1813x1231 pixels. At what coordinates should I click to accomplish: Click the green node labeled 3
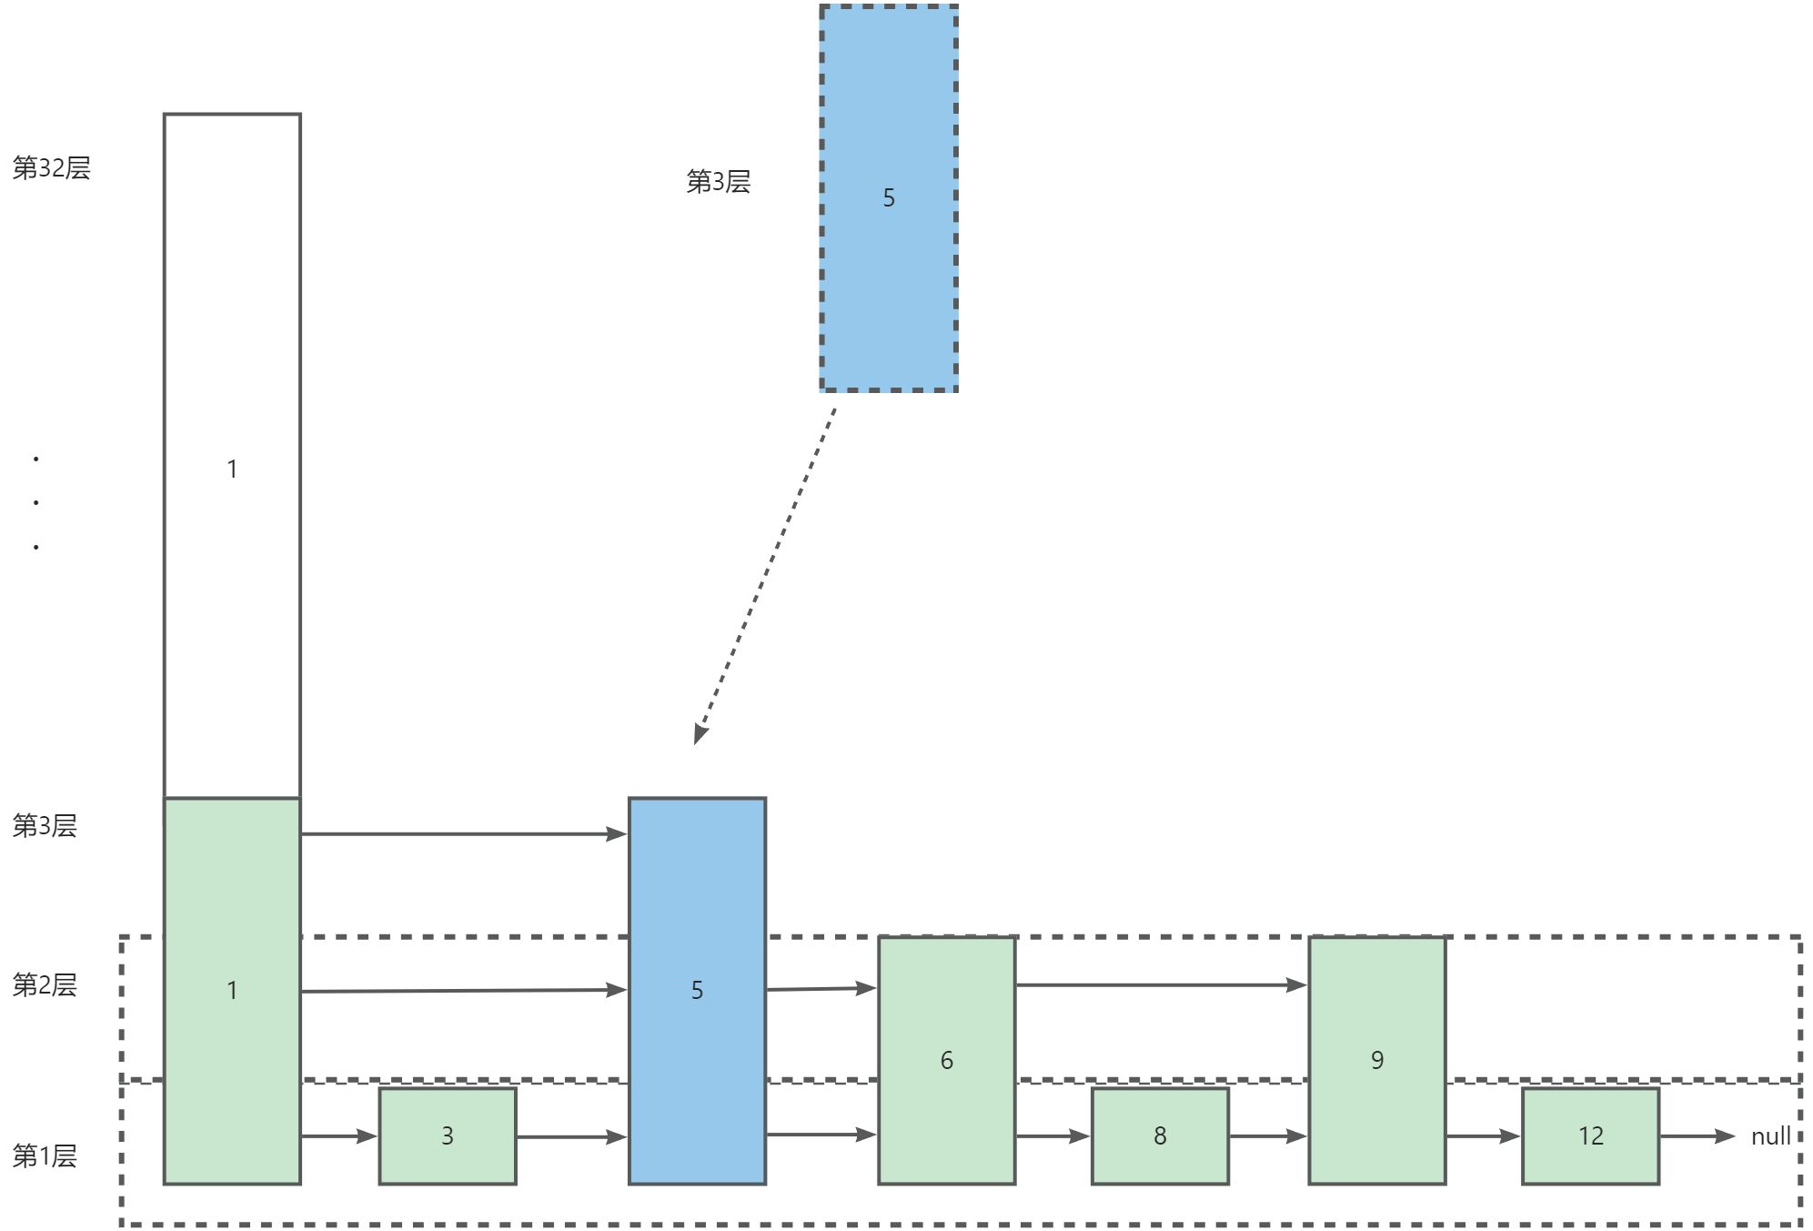[x=447, y=1135]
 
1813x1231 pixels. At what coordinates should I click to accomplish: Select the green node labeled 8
[x=1160, y=1135]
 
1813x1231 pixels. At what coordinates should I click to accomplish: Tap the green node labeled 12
[x=1590, y=1135]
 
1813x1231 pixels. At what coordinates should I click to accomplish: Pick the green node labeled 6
[x=946, y=1060]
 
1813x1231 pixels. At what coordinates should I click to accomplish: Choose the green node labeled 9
[x=1376, y=1060]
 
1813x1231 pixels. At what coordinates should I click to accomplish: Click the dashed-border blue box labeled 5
[x=889, y=198]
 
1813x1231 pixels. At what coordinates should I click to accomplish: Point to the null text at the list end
[x=1770, y=1136]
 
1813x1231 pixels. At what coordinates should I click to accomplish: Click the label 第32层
[x=52, y=168]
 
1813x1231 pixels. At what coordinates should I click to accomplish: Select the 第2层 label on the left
[x=45, y=984]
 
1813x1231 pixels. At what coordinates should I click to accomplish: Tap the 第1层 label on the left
[x=45, y=1155]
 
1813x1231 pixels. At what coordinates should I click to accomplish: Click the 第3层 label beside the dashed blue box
[x=718, y=182]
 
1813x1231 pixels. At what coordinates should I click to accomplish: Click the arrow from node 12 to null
[x=1697, y=1136]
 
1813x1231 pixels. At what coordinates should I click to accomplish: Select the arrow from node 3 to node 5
[x=571, y=1136]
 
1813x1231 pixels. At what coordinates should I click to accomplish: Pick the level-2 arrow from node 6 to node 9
[x=1161, y=984]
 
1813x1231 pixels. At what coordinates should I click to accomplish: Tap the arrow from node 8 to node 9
[x=1268, y=1136]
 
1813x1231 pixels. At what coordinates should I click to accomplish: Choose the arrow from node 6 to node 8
[x=1053, y=1136]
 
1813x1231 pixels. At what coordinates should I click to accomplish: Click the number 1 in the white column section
[x=232, y=469]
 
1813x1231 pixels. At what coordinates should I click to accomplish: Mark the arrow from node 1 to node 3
[x=338, y=1136]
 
